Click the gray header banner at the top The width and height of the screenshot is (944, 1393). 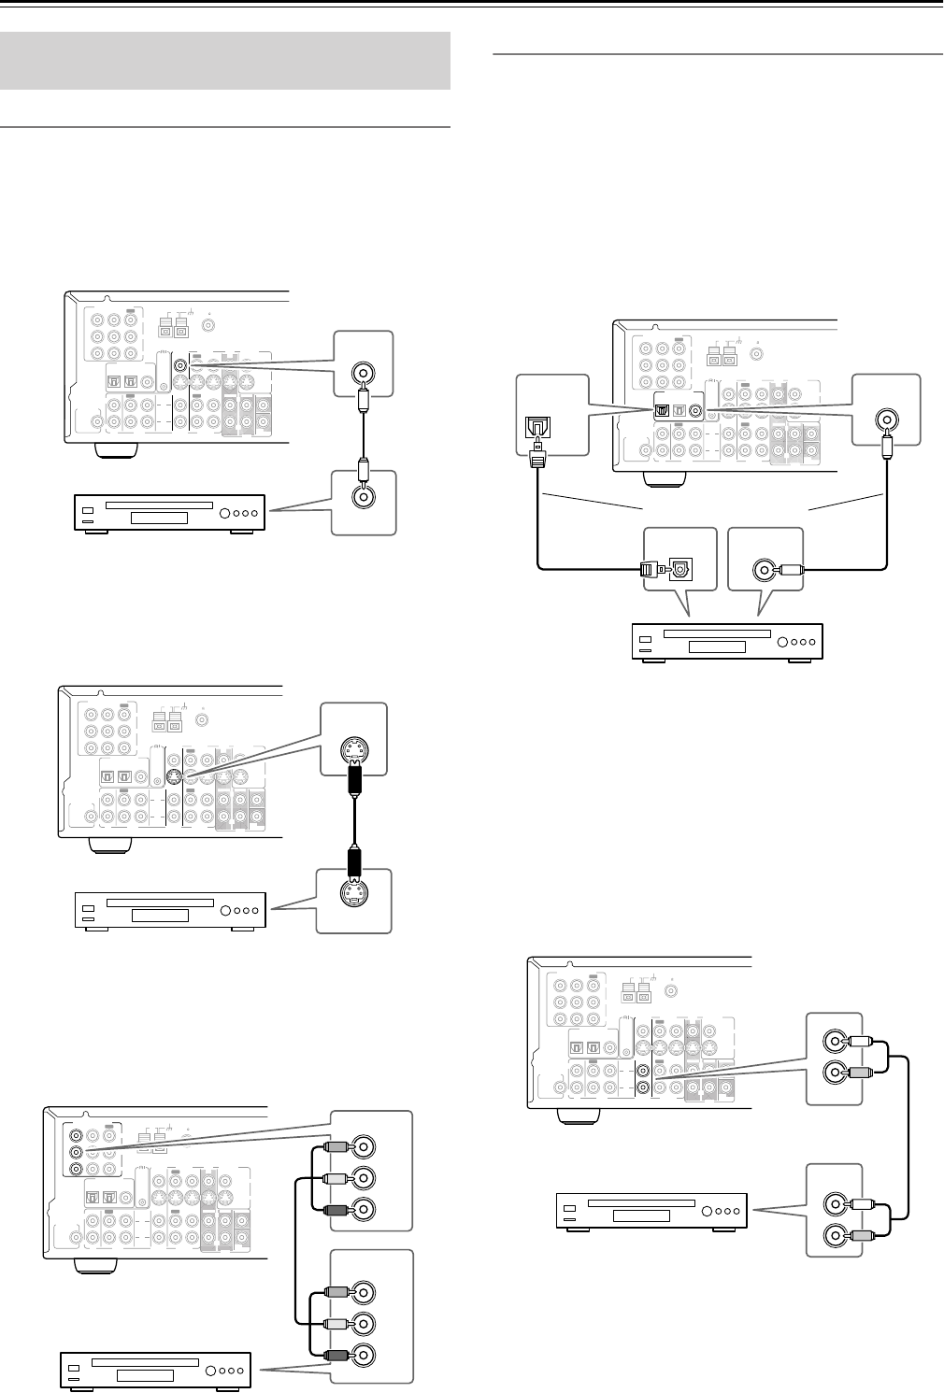click(225, 61)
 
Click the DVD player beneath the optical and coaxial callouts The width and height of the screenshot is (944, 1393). click(725, 642)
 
